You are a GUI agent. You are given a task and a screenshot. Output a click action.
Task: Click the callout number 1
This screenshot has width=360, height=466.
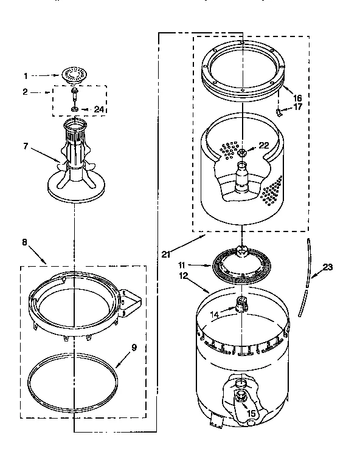pos(26,77)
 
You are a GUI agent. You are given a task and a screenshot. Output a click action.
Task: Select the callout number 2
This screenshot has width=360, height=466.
pos(26,92)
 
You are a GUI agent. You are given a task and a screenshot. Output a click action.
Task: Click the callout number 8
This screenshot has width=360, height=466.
pos(24,242)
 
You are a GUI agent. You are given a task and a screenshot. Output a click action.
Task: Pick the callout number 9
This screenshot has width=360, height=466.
pos(134,348)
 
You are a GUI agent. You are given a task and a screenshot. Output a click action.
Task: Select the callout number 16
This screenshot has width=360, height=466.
pos(297,97)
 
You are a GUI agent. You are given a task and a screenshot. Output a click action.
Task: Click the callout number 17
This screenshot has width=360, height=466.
pos(297,108)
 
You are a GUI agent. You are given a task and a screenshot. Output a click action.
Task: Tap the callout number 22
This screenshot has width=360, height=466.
pos(263,145)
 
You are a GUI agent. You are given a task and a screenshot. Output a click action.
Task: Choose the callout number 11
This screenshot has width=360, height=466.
pos(181,265)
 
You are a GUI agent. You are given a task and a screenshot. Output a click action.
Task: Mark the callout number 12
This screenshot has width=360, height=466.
pos(181,277)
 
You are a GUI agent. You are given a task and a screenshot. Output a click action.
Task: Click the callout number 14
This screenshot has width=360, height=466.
pos(213,314)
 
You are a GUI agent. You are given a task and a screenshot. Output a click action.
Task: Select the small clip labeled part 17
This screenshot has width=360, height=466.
pos(280,112)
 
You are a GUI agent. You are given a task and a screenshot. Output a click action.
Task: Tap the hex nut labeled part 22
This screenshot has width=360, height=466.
pos(242,152)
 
